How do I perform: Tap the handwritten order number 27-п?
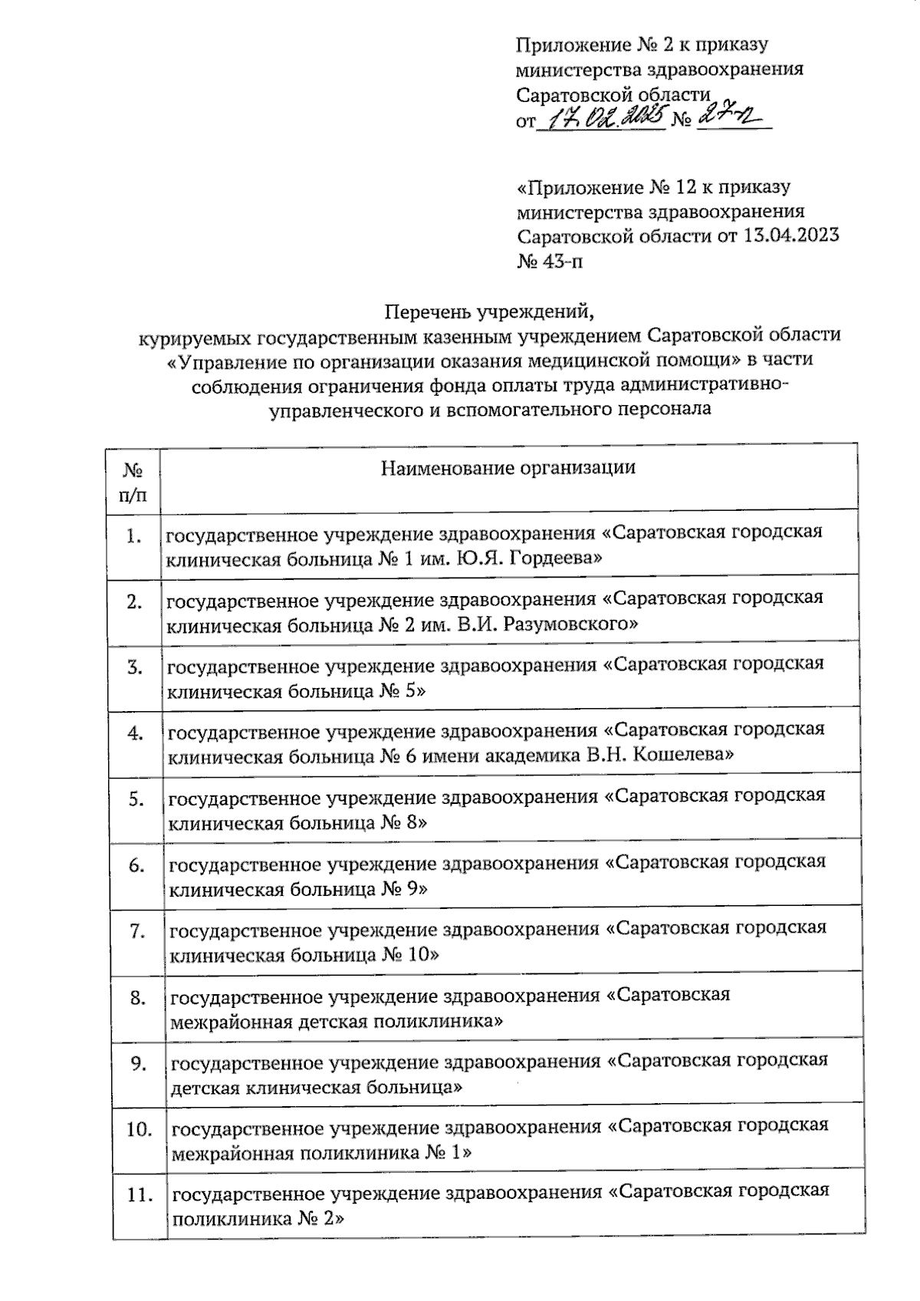click(x=732, y=117)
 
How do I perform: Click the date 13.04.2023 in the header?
click(x=790, y=235)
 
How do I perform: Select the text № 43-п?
click(x=550, y=262)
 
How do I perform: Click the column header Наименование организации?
click(x=508, y=467)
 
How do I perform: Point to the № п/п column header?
click(x=134, y=481)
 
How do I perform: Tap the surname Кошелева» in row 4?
click(x=683, y=756)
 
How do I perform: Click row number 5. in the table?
click(x=136, y=799)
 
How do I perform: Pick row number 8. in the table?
click(x=138, y=998)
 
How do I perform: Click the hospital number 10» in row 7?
click(x=420, y=955)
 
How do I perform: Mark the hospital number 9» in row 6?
click(x=414, y=889)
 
